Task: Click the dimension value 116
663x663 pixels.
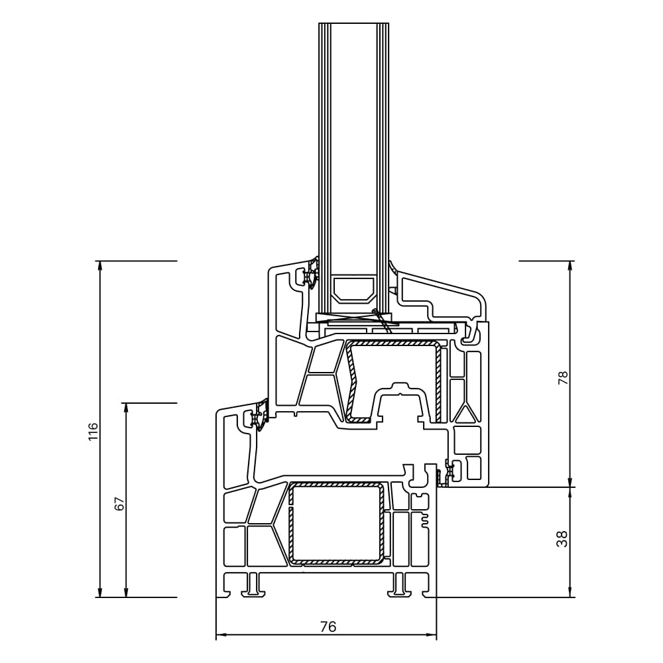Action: click(93, 432)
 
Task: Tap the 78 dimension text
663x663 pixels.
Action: click(564, 379)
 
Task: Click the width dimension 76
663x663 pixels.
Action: click(328, 627)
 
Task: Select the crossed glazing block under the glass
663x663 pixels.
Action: click(353, 318)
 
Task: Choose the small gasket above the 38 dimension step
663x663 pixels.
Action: click(449, 471)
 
